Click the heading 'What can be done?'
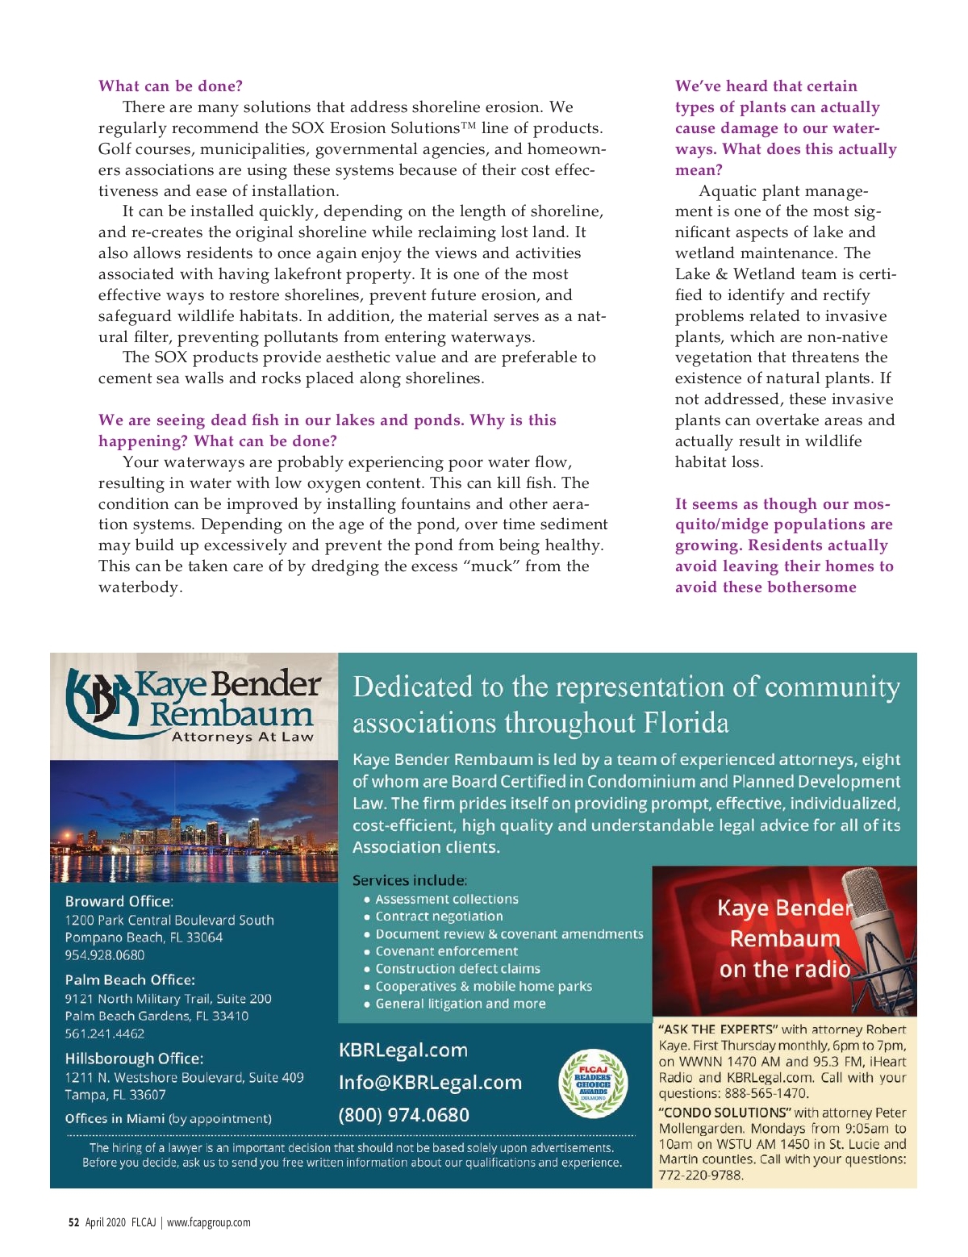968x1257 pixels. point(170,86)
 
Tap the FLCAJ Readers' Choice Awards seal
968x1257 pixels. point(593,1084)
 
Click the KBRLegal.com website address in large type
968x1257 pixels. point(403,1050)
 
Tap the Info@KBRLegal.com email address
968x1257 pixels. point(430,1083)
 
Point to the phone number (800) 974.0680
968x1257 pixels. point(403,1115)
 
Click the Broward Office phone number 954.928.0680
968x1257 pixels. point(105,955)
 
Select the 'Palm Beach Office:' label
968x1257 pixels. point(130,980)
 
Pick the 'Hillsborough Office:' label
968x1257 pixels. point(134,1059)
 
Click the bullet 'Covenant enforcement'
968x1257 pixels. point(446,951)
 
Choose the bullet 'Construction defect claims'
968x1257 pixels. point(457,969)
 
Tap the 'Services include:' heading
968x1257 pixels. point(410,880)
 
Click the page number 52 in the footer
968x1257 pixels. point(73,1222)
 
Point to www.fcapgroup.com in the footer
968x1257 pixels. point(209,1222)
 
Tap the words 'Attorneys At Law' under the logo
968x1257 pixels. point(242,737)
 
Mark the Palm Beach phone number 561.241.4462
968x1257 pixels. point(105,1034)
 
